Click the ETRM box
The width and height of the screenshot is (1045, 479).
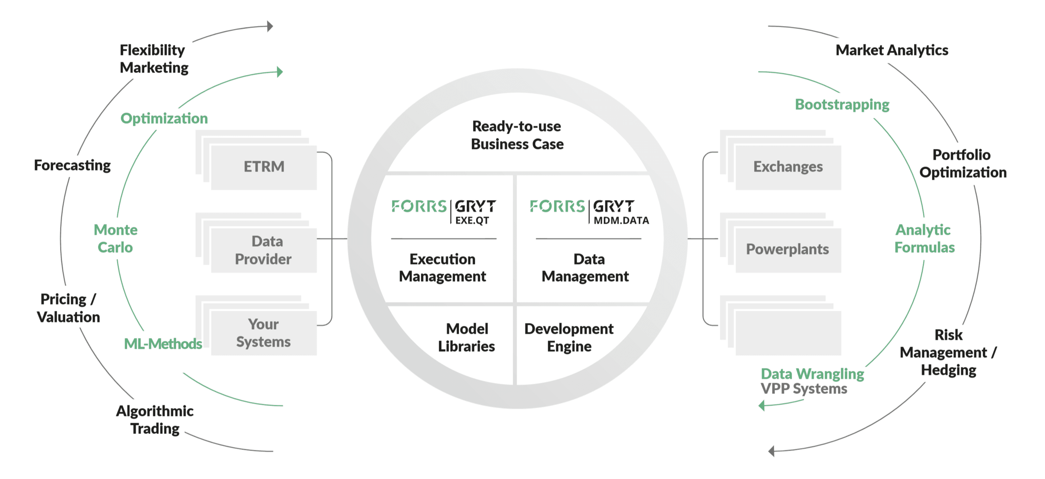pos(264,167)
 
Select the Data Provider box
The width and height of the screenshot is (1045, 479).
pos(264,250)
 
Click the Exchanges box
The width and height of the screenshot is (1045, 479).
pos(788,167)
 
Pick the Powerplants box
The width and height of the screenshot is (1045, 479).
pos(788,249)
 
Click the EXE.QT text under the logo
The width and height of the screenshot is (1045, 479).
pos(472,220)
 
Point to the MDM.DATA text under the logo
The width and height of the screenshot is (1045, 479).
pos(621,220)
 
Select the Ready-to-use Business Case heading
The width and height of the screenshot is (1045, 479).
pos(517,135)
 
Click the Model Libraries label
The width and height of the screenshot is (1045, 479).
pos(466,337)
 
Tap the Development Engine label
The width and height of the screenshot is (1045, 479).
pos(569,337)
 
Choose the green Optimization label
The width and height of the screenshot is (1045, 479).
pos(164,118)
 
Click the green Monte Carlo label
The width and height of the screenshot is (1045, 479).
pos(116,238)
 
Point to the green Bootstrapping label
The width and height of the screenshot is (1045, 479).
pos(842,105)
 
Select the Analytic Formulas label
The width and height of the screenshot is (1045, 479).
pos(924,238)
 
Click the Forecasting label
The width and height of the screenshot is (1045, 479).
pos(72,165)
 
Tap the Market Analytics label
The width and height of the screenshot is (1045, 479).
pos(892,50)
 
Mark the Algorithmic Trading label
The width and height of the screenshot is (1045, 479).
pos(154,419)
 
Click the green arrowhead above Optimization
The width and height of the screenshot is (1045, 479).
pos(280,72)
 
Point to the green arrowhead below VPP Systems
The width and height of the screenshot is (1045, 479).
pos(762,405)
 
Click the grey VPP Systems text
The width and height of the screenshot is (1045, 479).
pos(804,389)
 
